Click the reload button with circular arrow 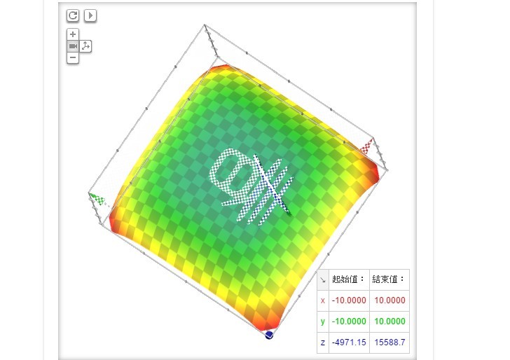[73, 15]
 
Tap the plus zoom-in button [73, 34]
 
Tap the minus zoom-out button [73, 58]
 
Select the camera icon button [73, 46]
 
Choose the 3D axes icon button [85, 46]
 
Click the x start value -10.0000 [349, 300]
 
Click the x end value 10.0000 [390, 300]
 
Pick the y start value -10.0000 [349, 321]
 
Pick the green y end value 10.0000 [390, 321]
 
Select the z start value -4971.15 [349, 342]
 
